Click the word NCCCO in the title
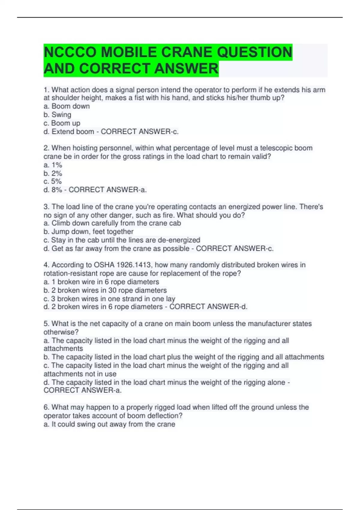[x=70, y=52]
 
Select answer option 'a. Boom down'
[x=67, y=106]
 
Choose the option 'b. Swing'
[x=57, y=115]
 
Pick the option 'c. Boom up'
[x=62, y=123]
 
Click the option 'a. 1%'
[x=53, y=165]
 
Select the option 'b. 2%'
[x=53, y=173]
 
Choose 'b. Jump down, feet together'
[x=88, y=232]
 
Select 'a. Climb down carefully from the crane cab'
[x=112, y=223]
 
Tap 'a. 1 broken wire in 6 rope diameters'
[x=101, y=282]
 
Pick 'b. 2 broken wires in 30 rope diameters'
[x=105, y=290]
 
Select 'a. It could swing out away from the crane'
[x=109, y=424]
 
